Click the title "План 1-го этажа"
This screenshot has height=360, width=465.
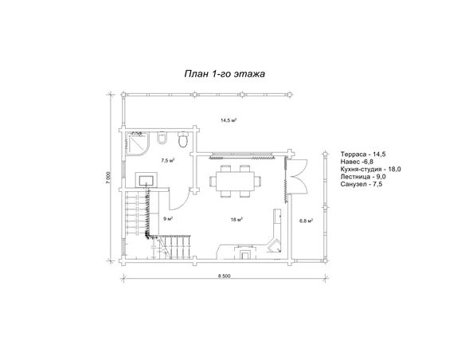click(x=225, y=74)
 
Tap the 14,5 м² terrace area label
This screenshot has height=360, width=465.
click(x=229, y=120)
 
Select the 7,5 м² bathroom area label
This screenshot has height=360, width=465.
click(x=167, y=161)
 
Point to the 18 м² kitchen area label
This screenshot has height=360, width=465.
click(x=237, y=220)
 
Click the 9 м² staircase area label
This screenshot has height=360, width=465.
click(x=168, y=219)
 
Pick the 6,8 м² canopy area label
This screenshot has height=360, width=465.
click(x=307, y=221)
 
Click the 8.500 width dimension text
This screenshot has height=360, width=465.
click(x=224, y=276)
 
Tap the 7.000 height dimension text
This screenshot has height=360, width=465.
click(x=108, y=178)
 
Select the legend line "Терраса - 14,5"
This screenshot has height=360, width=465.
click(x=363, y=155)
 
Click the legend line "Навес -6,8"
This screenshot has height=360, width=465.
click(x=357, y=162)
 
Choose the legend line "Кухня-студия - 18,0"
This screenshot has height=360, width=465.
click(x=371, y=169)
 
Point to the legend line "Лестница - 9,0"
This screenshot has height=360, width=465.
click(x=363, y=177)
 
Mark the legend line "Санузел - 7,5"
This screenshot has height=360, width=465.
click(x=361, y=184)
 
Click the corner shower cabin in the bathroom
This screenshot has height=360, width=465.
click(x=137, y=144)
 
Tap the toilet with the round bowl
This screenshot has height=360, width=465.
click(x=183, y=139)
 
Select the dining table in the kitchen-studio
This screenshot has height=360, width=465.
click(x=235, y=182)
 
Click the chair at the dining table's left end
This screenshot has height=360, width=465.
click(x=213, y=181)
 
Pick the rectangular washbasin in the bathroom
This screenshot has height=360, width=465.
click(x=147, y=180)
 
